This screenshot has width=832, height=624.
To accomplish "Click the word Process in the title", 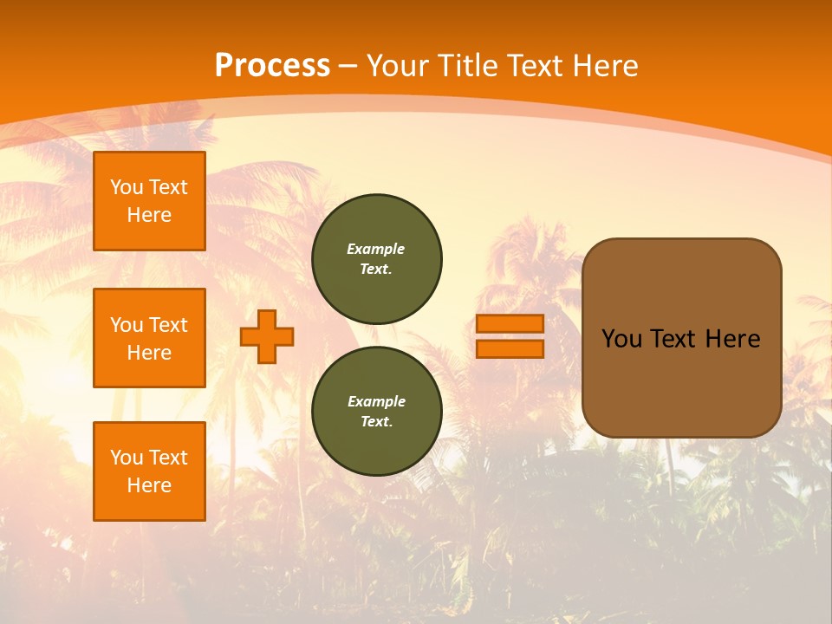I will click(272, 66).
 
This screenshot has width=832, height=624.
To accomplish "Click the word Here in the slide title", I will click(604, 66).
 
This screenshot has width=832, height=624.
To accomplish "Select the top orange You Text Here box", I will click(149, 201).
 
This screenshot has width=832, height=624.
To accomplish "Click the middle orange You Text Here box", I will click(149, 338).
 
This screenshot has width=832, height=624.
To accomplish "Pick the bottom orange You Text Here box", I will click(149, 471).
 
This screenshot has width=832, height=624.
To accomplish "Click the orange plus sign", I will click(267, 336).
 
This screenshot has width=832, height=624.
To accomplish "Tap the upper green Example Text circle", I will click(377, 259).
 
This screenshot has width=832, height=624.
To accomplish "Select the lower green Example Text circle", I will click(377, 412).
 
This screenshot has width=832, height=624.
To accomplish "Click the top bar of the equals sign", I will click(510, 323).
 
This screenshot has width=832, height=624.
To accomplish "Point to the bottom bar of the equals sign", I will click(510, 348).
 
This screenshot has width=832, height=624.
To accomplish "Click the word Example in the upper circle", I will click(376, 249).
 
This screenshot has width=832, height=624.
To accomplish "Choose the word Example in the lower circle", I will click(376, 401).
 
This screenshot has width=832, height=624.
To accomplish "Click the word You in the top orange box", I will click(126, 187).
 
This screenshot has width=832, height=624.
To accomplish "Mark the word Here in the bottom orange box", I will click(149, 485).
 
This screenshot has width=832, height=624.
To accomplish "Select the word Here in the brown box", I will click(733, 339).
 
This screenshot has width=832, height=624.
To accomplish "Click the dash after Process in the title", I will click(348, 66).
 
